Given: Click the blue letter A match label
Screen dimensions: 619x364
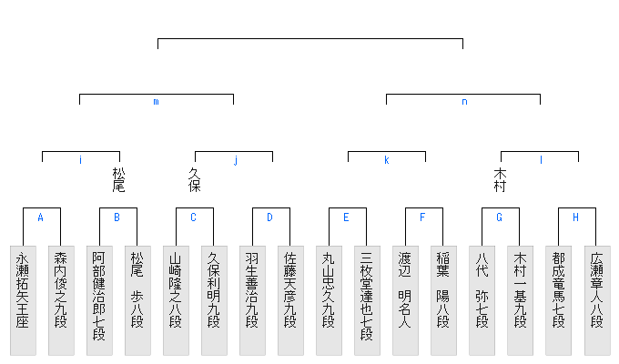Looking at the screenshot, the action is click(x=40, y=217).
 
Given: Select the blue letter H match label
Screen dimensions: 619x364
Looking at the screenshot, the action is click(x=575, y=217).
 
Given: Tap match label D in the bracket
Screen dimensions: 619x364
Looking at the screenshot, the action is click(x=269, y=217).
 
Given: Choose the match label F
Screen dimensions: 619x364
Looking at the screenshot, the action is click(x=422, y=217).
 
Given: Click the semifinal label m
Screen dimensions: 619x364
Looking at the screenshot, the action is click(x=156, y=102).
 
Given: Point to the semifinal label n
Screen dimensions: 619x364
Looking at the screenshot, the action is click(x=464, y=102).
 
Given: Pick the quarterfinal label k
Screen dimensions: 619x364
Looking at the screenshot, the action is click(x=386, y=160).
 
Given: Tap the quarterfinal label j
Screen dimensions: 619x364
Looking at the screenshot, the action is click(x=235, y=160).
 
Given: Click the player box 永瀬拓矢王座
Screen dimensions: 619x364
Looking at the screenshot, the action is click(x=23, y=300).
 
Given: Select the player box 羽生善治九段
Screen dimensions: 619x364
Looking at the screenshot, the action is click(x=252, y=300).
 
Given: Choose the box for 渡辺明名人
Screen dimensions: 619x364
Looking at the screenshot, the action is click(x=405, y=300).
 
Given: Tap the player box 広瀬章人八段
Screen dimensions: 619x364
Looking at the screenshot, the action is click(x=596, y=300).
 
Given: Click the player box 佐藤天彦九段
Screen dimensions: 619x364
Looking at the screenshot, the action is click(x=290, y=300).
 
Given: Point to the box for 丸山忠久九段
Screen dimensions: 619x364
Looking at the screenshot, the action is click(x=329, y=300).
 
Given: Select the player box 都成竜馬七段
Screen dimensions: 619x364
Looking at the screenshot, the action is click(x=558, y=300).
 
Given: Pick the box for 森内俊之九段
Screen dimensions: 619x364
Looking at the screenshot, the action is click(x=61, y=300).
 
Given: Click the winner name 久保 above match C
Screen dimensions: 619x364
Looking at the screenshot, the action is click(x=194, y=179).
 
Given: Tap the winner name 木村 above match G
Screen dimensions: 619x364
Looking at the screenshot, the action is click(x=500, y=179).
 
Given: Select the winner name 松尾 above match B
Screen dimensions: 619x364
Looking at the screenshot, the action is click(x=118, y=179).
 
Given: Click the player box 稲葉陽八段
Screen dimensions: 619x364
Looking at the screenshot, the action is click(x=443, y=300).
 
